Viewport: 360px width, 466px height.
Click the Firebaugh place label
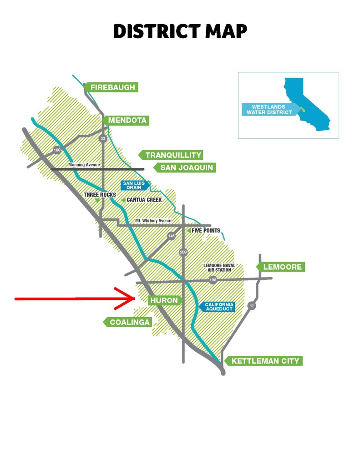112,87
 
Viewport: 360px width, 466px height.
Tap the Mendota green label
127,121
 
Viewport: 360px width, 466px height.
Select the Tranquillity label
173,155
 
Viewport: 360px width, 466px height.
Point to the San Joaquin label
186,168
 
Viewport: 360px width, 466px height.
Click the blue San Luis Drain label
134,185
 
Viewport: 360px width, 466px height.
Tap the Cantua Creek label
144,199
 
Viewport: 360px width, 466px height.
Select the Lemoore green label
282,267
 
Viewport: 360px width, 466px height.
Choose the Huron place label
164,300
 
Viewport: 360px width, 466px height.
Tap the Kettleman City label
265,361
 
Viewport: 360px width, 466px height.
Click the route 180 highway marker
57,150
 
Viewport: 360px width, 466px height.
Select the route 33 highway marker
103,138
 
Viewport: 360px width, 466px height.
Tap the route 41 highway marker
252,306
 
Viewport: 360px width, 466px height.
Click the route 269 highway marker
183,252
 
